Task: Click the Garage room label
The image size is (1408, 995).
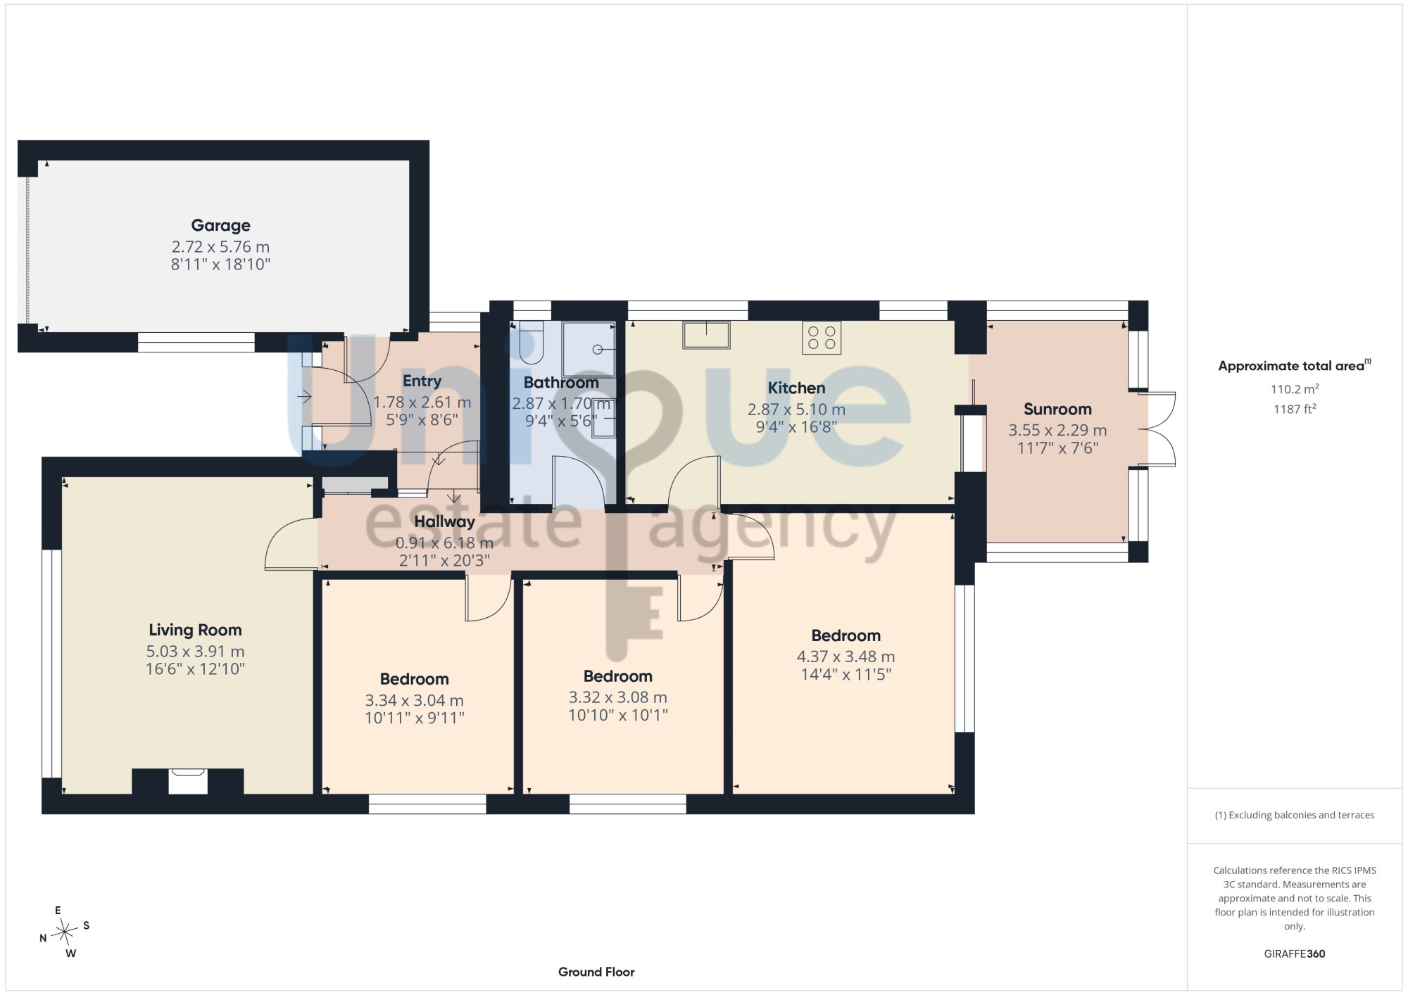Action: coord(221,225)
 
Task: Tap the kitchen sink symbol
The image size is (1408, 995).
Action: coord(706,335)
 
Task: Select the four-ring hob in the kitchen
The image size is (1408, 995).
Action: coord(822,338)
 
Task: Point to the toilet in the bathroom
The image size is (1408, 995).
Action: coord(532,342)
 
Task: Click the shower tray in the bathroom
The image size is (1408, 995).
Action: coord(589,349)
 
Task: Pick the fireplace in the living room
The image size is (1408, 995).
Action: coord(188,781)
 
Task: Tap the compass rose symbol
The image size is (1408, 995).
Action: coord(65,932)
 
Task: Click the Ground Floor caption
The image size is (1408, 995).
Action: coord(596,972)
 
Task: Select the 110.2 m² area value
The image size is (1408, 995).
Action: coord(1295,388)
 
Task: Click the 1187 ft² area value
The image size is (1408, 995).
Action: coord(1295,409)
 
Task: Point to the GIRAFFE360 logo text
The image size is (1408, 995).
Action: coord(1295,954)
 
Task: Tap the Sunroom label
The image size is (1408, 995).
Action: coord(1057,409)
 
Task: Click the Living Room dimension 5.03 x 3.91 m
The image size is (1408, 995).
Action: coord(195,652)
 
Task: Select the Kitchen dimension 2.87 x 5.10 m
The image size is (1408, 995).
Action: coord(796,410)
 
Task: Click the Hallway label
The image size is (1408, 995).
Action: coord(444,521)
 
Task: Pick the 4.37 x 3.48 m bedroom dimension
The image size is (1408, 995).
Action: coord(846,657)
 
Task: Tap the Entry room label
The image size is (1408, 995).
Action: coord(422,381)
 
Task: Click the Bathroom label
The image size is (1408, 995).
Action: coord(561,383)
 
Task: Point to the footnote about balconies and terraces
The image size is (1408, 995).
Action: coord(1295,815)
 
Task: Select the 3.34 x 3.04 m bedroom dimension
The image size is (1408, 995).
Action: coord(414,701)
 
